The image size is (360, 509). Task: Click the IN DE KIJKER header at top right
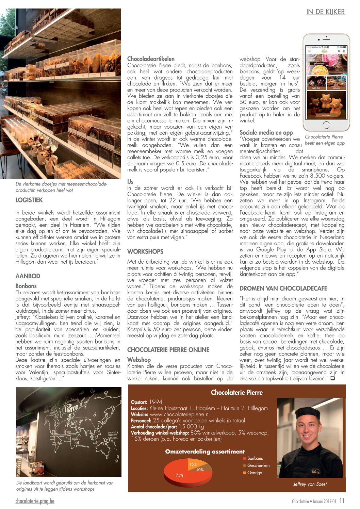pos(325,12)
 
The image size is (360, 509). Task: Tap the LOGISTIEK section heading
pos(29,200)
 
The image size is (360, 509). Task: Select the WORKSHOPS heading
pos(145,251)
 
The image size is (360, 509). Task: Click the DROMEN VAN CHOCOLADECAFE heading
pos(283,288)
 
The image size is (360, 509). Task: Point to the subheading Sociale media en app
pos(266,132)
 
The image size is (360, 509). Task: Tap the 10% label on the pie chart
pos(200,470)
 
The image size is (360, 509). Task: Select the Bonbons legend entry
pos(255,458)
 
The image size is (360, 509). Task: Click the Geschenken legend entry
pos(258,465)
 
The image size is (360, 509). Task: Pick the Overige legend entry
pos(255,473)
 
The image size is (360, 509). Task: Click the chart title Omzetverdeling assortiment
pos(205,451)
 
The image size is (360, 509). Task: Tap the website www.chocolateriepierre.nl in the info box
pos(180,414)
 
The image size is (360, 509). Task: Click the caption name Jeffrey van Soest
pos(310,484)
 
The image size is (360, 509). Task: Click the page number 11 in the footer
pos(342,501)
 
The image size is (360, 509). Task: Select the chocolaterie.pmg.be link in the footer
pos(35,501)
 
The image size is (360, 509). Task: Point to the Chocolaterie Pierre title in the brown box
pos(237,392)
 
